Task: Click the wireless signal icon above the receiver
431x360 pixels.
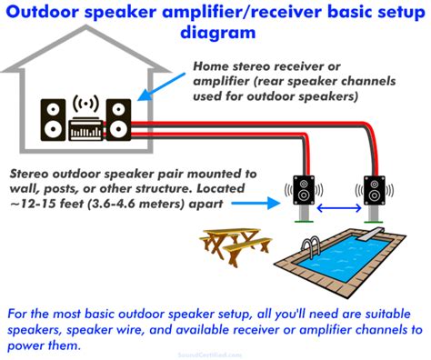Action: [85, 101]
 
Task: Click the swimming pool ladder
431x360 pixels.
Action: [311, 246]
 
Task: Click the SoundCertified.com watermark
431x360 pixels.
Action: [215, 354]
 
